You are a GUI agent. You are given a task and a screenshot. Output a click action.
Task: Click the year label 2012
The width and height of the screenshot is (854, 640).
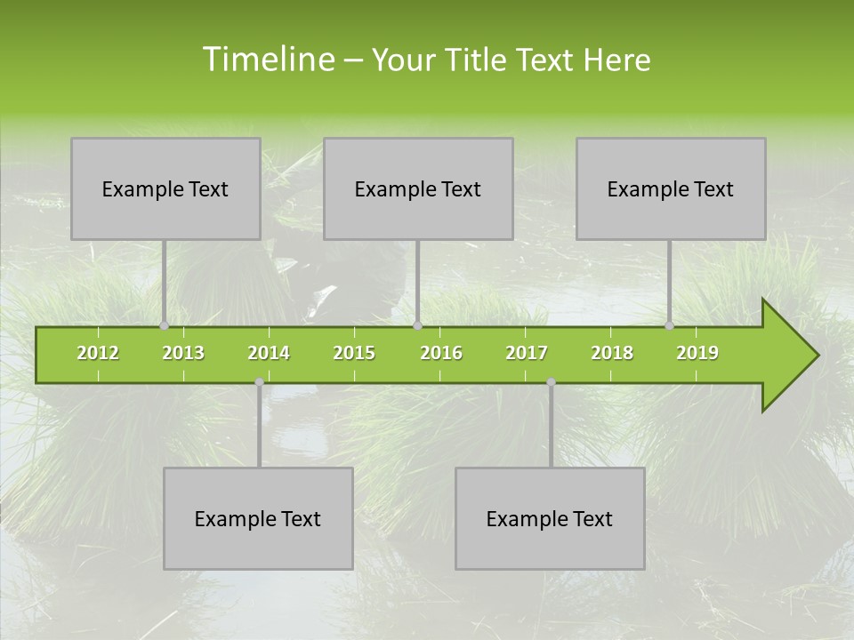(98, 353)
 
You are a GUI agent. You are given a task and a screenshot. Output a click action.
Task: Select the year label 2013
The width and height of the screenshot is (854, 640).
(183, 353)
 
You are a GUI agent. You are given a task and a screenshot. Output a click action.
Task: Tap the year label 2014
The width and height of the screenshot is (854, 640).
(269, 353)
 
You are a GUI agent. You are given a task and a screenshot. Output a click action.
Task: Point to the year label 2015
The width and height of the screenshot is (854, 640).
(354, 353)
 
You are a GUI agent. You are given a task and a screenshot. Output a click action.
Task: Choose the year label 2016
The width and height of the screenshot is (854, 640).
(441, 353)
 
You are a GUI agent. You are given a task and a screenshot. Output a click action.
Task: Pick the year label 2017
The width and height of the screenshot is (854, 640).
(527, 353)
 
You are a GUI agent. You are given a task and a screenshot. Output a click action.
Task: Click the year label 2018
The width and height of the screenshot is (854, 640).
(612, 353)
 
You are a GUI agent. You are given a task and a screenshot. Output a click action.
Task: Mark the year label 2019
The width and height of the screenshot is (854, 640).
(697, 353)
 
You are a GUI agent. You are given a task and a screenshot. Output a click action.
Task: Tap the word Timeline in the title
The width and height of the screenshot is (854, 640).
(266, 60)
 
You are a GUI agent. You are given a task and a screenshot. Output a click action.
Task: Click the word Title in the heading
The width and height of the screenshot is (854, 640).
(478, 60)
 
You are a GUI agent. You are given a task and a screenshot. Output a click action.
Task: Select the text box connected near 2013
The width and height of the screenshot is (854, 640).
(165, 188)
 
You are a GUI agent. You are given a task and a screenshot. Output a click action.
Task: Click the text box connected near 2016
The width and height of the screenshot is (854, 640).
(418, 188)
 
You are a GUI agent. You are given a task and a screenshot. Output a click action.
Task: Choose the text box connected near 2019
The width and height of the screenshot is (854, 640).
(671, 188)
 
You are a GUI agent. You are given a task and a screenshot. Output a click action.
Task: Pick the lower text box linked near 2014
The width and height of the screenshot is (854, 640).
(258, 518)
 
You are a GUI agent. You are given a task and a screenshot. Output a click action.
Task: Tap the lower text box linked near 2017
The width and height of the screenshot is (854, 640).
(550, 518)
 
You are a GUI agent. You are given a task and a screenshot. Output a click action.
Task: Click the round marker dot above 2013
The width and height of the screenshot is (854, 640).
(164, 326)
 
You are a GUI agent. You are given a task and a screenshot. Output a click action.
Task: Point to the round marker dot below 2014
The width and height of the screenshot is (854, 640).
(259, 382)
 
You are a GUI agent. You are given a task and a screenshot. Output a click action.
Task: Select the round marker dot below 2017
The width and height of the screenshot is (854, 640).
(551, 382)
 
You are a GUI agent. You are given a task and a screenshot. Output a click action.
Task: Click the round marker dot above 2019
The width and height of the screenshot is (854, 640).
(669, 326)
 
